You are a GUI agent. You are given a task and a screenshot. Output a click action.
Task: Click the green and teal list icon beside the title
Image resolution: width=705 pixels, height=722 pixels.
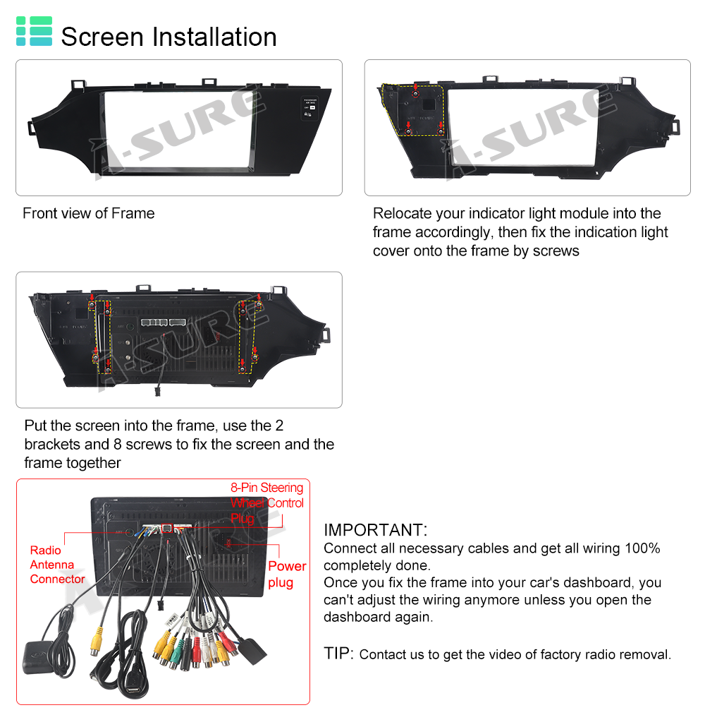pos(34,31)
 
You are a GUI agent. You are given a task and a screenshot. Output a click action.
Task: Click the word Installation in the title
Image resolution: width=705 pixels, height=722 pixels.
pos(214,37)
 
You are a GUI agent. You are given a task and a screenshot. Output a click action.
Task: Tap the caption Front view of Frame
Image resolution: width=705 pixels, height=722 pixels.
pos(89,213)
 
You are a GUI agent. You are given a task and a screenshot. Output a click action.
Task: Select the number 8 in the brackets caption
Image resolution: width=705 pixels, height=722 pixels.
pos(117,444)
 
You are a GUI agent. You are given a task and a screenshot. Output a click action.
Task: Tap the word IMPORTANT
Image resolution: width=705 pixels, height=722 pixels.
pos(375,530)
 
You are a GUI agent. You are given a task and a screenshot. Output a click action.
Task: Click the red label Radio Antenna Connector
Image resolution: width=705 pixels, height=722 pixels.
pos(58,565)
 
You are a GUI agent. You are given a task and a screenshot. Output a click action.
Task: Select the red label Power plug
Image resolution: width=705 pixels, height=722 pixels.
pos(287,574)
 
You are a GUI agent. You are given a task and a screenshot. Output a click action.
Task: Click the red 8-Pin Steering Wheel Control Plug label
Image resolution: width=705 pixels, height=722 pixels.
pos(266,503)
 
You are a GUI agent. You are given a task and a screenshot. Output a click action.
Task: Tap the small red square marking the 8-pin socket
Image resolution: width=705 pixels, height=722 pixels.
pos(167,529)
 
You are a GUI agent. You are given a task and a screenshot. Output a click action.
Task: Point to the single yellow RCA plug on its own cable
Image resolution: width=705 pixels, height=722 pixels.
pos(96,642)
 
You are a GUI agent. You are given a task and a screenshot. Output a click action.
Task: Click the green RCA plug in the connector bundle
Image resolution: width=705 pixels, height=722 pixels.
pos(175,652)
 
